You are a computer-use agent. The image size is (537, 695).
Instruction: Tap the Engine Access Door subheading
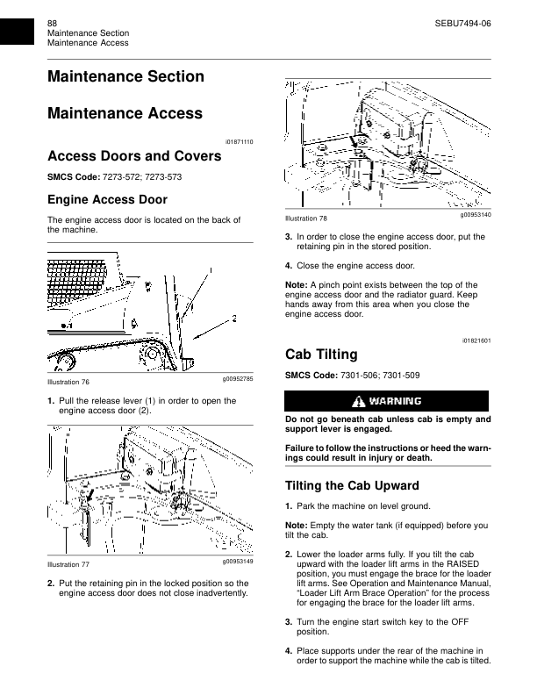pyautogui.click(x=106, y=200)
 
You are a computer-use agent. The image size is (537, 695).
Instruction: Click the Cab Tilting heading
pyautogui.click(x=322, y=355)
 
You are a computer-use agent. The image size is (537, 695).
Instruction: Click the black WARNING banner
pyautogui.click(x=387, y=401)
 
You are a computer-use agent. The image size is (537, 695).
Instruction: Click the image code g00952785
pyautogui.click(x=237, y=378)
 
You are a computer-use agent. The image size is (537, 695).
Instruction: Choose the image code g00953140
pyautogui.click(x=476, y=214)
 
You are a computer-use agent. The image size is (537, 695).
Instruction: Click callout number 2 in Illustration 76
pyautogui.click(x=235, y=316)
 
